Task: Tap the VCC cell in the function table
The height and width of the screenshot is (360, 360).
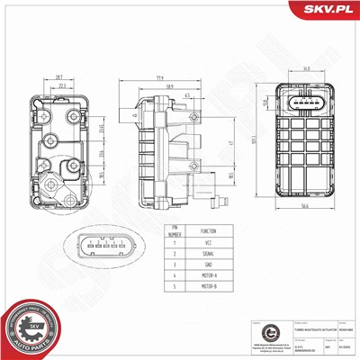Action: (x=207, y=242)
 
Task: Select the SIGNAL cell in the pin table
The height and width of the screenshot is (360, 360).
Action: (x=207, y=253)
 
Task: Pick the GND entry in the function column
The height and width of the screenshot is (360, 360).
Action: (x=207, y=265)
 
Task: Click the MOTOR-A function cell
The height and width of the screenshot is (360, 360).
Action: (x=207, y=276)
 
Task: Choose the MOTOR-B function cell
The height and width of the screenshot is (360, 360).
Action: (x=207, y=288)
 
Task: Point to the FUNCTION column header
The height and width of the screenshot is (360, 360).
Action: (x=207, y=230)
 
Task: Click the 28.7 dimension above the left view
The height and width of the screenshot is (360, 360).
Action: (x=58, y=78)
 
